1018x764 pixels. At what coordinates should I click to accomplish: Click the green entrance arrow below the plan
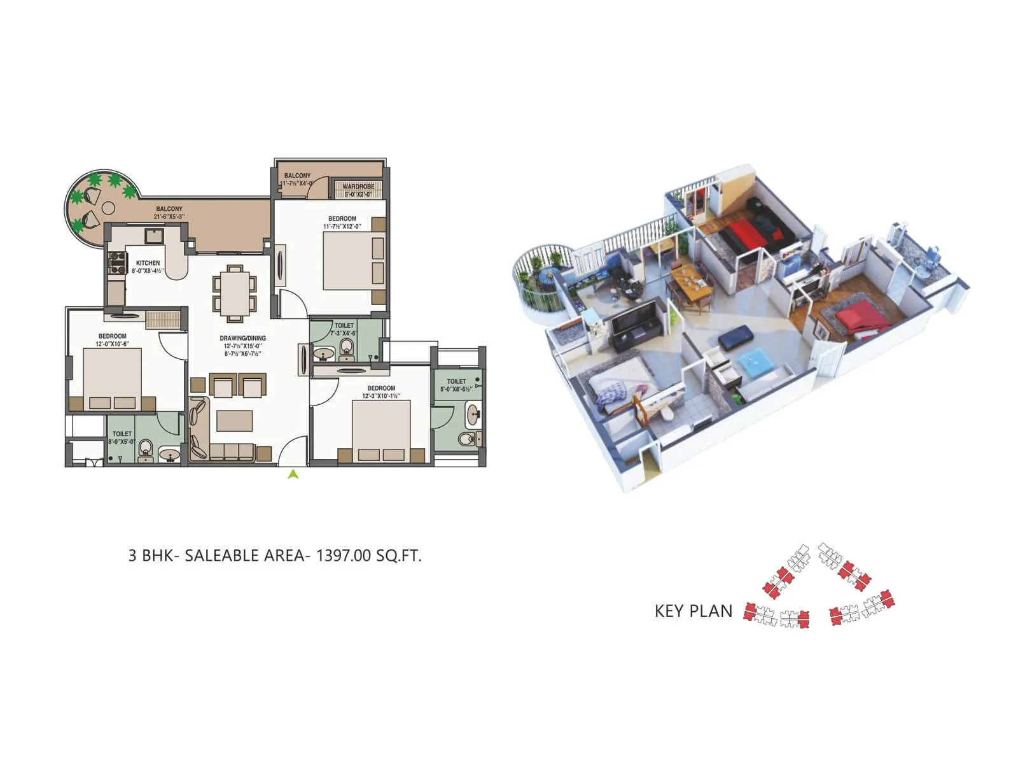coord(293,474)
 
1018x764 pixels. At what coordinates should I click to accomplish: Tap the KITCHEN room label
coord(148,263)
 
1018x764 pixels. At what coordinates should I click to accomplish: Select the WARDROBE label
coord(358,187)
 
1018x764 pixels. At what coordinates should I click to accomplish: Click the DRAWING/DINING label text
coord(243,338)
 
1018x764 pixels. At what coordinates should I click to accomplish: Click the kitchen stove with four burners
coord(118,263)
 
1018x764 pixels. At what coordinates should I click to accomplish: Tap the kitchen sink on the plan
coord(155,236)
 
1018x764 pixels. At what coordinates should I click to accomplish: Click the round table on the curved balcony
coord(108,208)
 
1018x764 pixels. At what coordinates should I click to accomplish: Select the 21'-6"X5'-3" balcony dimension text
coord(169,216)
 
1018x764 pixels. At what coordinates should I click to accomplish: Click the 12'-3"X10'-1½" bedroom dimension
coord(381,396)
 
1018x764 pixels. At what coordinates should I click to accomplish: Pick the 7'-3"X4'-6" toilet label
coord(344,333)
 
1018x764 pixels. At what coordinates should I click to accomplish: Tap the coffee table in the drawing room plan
coord(235,421)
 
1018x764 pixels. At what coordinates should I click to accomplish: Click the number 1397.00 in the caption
coord(343,555)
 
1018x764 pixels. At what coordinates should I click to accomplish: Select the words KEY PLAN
coord(694,611)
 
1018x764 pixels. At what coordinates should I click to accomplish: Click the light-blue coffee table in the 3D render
coord(756,362)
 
